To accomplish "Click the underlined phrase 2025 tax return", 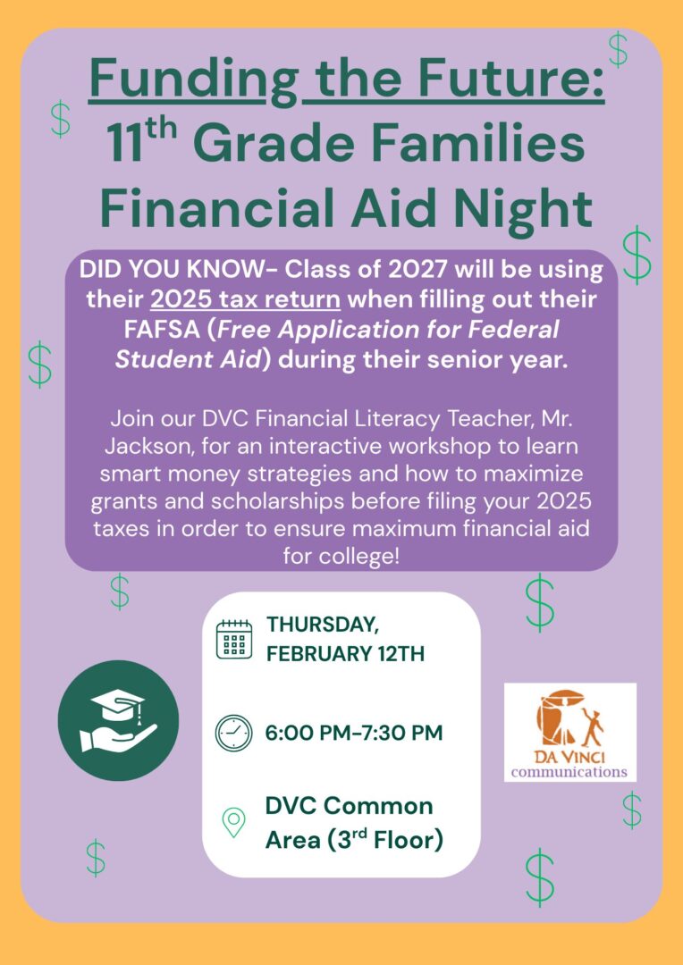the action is [x=246, y=300].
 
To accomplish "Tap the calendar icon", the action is [x=234, y=640].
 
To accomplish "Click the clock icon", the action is [x=234, y=733].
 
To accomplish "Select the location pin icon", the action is [x=234, y=823].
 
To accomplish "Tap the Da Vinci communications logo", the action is [x=570, y=733].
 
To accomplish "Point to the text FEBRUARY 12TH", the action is [x=345, y=653].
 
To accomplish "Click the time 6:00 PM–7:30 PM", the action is [x=354, y=733].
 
